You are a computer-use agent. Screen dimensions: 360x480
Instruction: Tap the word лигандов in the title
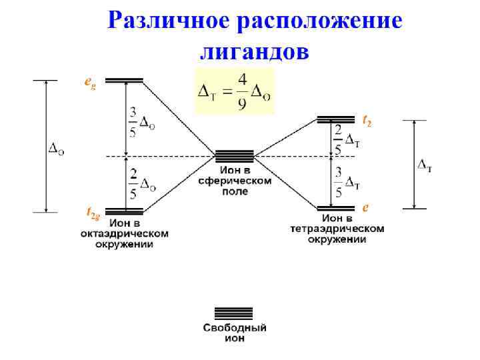coord(255,51)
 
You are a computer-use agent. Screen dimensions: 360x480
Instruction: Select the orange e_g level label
coord(89,82)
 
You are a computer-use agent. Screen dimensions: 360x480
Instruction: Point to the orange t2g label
coord(94,213)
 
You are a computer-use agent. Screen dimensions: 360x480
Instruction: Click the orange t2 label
coord(367,121)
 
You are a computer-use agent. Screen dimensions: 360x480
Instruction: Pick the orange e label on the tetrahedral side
coord(365,208)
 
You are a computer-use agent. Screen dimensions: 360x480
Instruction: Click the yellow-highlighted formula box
coord(234,91)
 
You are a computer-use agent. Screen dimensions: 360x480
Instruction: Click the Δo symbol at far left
coord(57,150)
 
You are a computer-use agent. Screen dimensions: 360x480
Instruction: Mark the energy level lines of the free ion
coord(233,313)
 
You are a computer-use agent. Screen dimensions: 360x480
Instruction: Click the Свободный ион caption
coord(235,333)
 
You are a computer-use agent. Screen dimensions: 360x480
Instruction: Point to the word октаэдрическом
coord(125,234)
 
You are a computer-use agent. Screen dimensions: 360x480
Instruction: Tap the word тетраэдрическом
coord(337,229)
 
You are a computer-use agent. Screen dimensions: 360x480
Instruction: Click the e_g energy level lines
coord(124,81)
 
